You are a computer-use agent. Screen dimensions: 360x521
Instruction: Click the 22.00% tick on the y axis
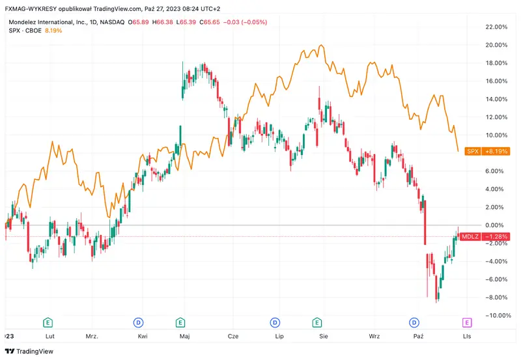496,27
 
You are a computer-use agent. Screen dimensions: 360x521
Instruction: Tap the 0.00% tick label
498,225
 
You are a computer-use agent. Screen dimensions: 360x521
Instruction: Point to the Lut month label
49,337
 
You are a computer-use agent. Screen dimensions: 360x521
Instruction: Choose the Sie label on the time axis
324,337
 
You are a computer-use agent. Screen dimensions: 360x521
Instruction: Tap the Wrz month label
374,337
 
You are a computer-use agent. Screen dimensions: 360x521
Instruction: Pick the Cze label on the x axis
232,337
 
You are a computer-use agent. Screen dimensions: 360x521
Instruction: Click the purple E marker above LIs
467,322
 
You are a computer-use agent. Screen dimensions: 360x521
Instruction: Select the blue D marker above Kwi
138,322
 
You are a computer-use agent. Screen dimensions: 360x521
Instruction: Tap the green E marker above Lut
48,322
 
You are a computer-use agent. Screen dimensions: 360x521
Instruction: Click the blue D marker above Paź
414,322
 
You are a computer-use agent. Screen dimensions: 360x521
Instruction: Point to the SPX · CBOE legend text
24,31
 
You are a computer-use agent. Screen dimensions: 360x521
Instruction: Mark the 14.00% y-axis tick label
496,99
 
